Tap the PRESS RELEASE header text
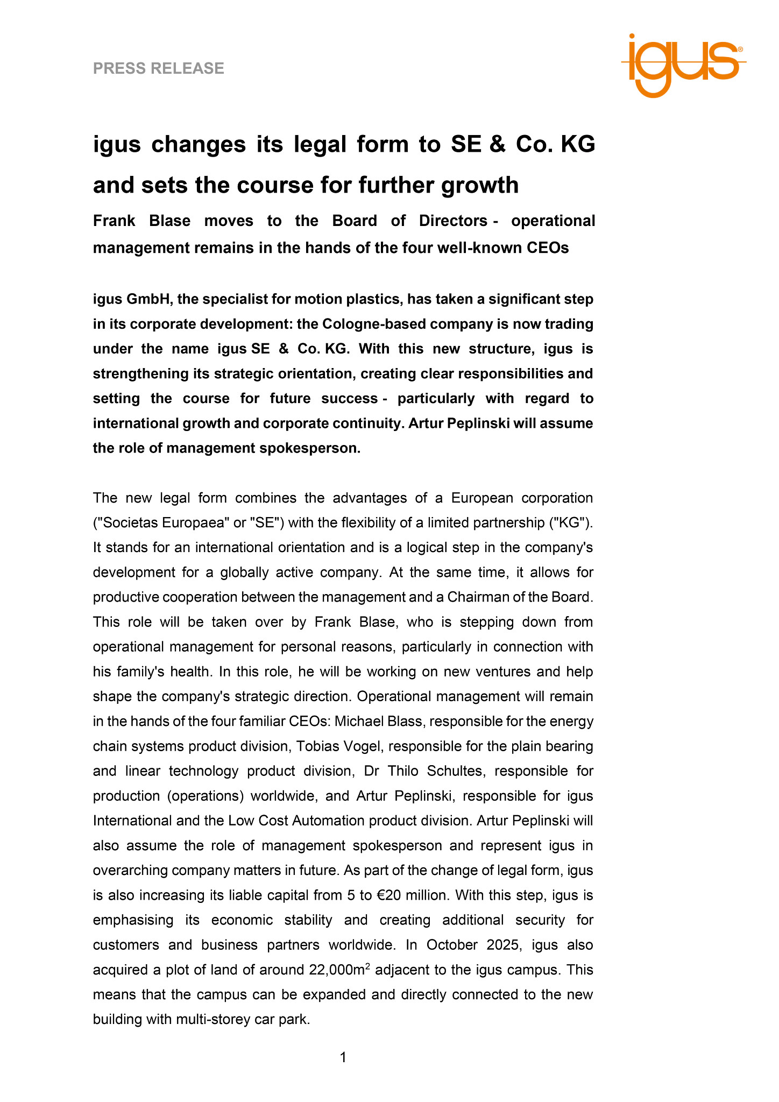click(159, 68)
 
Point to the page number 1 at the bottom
click(343, 1058)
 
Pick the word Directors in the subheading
click(454, 221)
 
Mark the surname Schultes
click(455, 771)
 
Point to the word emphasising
click(133, 920)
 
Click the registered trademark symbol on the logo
click(740, 49)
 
